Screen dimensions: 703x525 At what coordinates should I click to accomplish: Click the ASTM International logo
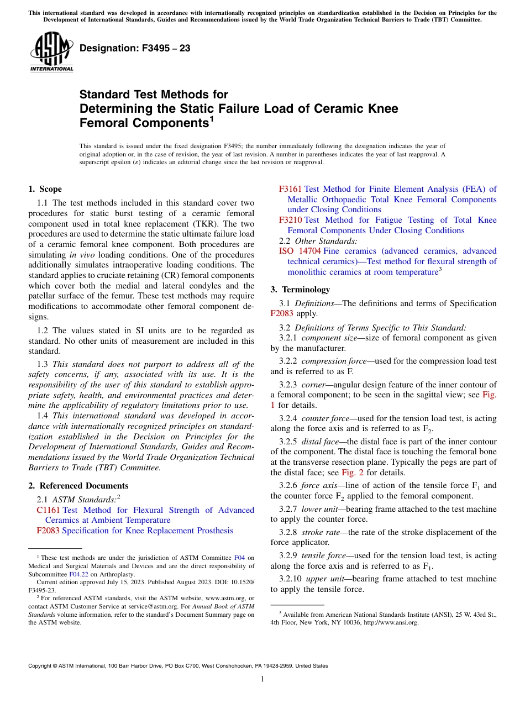point(51,53)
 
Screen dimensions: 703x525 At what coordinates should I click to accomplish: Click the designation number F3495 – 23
point(135,49)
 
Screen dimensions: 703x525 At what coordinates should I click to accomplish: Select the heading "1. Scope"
point(45,189)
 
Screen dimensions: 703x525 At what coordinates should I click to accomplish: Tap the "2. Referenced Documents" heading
point(78,486)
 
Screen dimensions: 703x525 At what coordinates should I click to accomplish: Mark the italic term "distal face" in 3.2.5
point(321,442)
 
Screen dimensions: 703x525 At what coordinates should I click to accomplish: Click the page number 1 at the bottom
point(262,679)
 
